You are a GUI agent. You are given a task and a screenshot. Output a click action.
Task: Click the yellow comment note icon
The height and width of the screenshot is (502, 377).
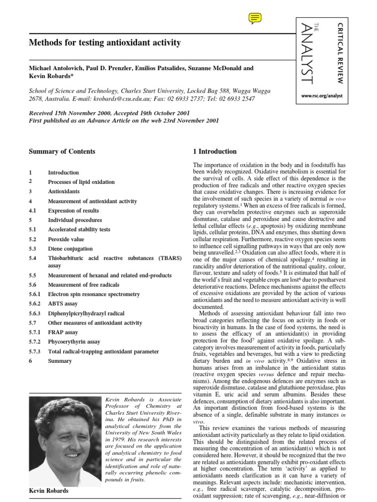point(255,18)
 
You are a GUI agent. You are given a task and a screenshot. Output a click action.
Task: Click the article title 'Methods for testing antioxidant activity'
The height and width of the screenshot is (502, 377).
point(105,43)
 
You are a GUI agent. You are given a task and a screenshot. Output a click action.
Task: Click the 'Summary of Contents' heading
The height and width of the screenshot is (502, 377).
point(62,151)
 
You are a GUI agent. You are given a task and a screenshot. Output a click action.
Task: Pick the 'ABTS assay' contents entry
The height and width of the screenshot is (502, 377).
point(63,304)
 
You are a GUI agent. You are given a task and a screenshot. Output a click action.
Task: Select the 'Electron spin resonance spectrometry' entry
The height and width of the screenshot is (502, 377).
point(94,295)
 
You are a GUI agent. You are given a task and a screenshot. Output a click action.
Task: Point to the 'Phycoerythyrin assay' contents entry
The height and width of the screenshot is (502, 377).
point(74,342)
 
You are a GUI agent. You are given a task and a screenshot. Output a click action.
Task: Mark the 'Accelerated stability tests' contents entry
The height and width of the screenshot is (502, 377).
point(79,229)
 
